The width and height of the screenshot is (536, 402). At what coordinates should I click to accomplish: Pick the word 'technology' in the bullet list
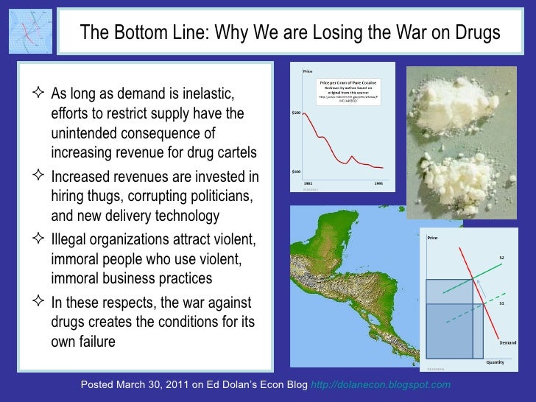[186, 215]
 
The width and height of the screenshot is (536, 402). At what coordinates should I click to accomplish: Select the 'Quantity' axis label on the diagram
[494, 362]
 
